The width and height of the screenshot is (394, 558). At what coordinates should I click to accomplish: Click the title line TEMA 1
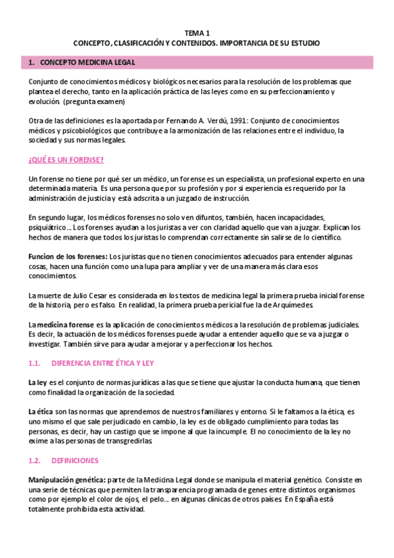pos(197,33)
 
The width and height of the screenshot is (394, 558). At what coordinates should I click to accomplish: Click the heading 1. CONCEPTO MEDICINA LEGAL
pos(83,63)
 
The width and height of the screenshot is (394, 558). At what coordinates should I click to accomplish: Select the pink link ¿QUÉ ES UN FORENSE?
pos(66,161)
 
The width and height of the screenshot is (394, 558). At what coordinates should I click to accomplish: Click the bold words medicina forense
pos(65,325)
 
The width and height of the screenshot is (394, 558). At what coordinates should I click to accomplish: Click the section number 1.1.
pos(35,363)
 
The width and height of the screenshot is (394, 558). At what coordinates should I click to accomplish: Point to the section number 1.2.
pos(35,460)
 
